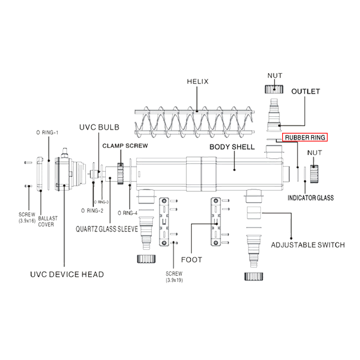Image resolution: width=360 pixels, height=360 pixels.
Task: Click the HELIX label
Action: pyautogui.click(x=197, y=81)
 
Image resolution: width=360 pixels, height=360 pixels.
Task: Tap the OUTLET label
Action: pyautogui.click(x=306, y=91)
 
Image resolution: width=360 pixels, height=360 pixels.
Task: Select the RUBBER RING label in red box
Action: pyautogui.click(x=305, y=138)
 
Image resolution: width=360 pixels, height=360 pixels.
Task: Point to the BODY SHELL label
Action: pyautogui.click(x=232, y=147)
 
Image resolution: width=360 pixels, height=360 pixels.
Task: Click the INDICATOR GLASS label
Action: pyautogui.click(x=311, y=198)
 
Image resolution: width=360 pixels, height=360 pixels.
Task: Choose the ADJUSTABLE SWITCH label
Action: pyautogui.click(x=308, y=245)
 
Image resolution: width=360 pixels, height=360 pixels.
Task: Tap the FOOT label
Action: pyautogui.click(x=192, y=260)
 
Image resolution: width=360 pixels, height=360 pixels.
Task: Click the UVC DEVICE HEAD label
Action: pyautogui.click(x=67, y=274)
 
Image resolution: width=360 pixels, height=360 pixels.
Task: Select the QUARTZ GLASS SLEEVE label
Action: pyautogui.click(x=107, y=229)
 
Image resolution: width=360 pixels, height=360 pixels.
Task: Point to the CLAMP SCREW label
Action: pyautogui.click(x=125, y=146)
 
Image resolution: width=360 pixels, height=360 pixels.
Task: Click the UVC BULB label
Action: pyautogui.click(x=99, y=127)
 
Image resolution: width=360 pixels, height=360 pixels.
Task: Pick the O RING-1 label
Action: pyautogui.click(x=47, y=132)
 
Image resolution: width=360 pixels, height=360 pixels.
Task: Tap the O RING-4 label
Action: pyautogui.click(x=127, y=213)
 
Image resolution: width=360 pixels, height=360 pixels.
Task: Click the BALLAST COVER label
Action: pyautogui.click(x=48, y=221)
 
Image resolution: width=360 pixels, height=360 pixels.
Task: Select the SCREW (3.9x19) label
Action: pyautogui.click(x=174, y=276)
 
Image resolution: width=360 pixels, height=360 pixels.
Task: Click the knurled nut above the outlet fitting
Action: pyautogui.click(x=274, y=89)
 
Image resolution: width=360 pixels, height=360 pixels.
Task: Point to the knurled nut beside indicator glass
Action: pyautogui.click(x=314, y=174)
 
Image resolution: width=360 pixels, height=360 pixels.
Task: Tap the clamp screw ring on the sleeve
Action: pyautogui.click(x=120, y=174)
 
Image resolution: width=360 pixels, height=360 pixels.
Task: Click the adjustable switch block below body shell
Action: pyautogui.click(x=254, y=213)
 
